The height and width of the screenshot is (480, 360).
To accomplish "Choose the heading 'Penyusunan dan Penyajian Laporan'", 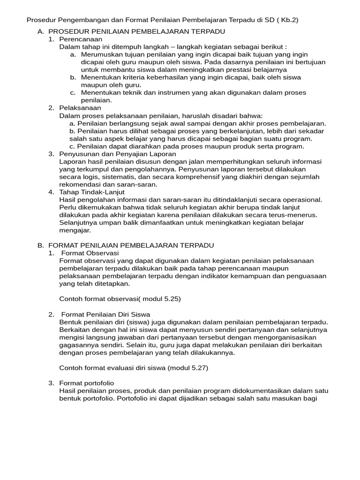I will click(118, 154).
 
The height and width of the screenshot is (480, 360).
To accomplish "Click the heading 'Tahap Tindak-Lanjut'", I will click(93, 192).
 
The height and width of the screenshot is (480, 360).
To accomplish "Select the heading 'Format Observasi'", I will click(90, 253).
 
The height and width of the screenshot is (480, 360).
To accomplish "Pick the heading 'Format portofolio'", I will click(87, 383).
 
